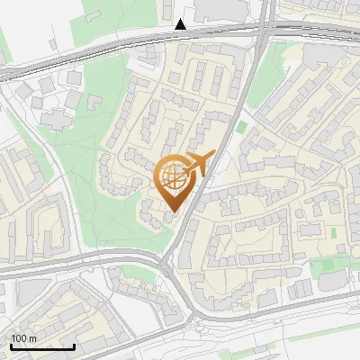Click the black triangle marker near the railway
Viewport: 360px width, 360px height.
pyautogui.click(x=182, y=24)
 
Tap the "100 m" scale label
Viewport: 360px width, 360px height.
pyautogui.click(x=23, y=338)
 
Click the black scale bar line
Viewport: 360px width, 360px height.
pyautogui.click(x=42, y=346)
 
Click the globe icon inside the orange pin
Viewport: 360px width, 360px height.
pyautogui.click(x=174, y=177)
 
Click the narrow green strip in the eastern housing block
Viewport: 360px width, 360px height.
pyautogui.click(x=332, y=232)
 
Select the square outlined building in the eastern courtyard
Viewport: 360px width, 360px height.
pyautogui.click(x=314, y=211)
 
